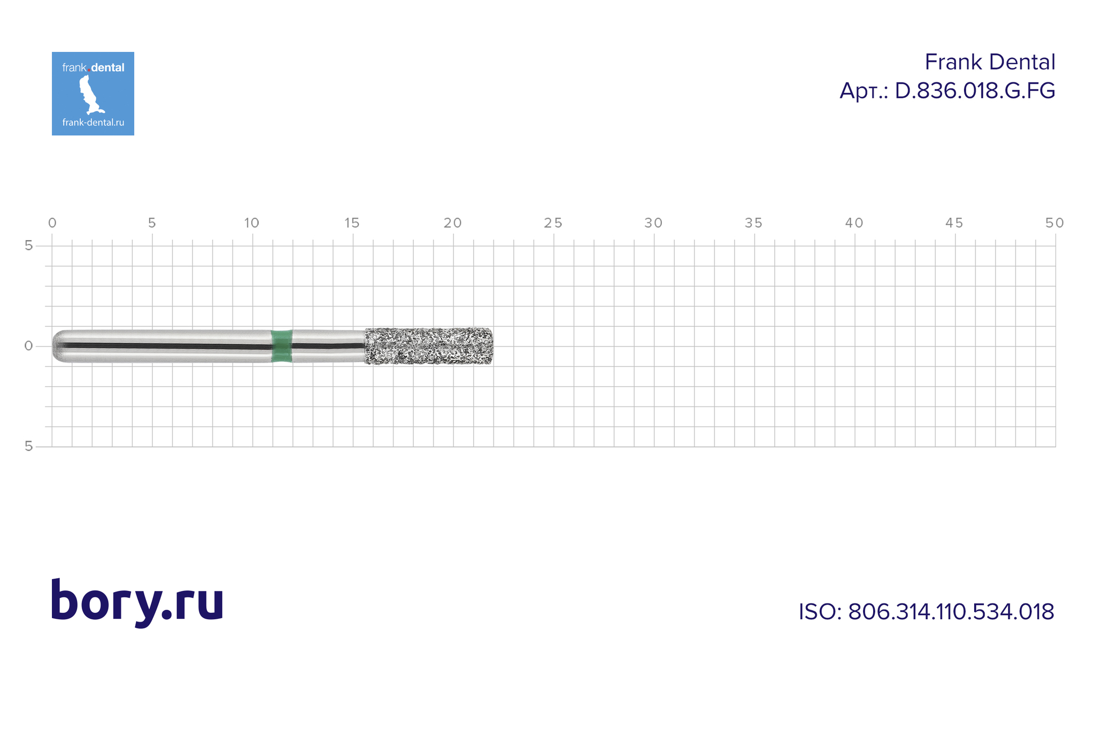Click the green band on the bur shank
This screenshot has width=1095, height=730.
282,346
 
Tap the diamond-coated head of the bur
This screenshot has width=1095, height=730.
429,346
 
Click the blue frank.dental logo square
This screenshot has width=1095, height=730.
93,94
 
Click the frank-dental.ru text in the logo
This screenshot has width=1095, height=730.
93,122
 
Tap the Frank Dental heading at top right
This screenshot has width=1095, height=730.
990,62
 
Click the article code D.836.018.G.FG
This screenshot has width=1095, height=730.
975,91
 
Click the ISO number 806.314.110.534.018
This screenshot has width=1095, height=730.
951,612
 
